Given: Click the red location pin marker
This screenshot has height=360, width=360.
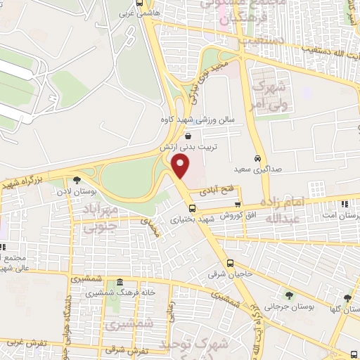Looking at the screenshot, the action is point(181,166).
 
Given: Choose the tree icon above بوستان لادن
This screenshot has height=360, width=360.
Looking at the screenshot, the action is point(77,181).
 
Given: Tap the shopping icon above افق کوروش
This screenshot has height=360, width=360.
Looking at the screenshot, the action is point(238,204).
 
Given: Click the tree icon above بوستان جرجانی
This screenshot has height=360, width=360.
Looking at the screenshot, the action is point(289,295).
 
